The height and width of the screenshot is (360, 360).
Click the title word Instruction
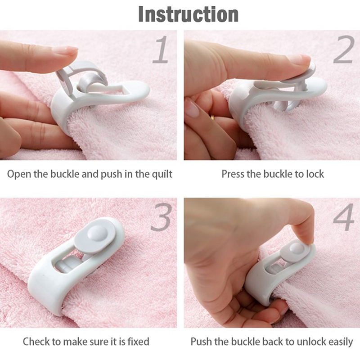click(188, 14)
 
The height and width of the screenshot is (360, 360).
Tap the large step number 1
click(161, 49)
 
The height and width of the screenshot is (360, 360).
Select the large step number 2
click(344, 49)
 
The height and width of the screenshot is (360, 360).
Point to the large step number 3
click(162, 217)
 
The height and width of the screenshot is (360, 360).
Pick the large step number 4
click(344, 217)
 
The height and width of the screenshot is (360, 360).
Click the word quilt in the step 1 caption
click(162, 174)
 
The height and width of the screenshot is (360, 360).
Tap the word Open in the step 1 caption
click(19, 175)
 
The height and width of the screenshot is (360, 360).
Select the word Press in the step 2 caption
click(233, 174)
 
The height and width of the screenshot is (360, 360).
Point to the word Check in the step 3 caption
click(36, 342)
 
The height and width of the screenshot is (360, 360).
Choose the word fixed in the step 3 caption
click(139, 342)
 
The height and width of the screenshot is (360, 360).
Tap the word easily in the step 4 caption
click(341, 342)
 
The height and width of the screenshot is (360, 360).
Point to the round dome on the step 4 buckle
click(297, 248)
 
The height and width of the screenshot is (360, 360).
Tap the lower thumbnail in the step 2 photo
click(192, 108)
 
